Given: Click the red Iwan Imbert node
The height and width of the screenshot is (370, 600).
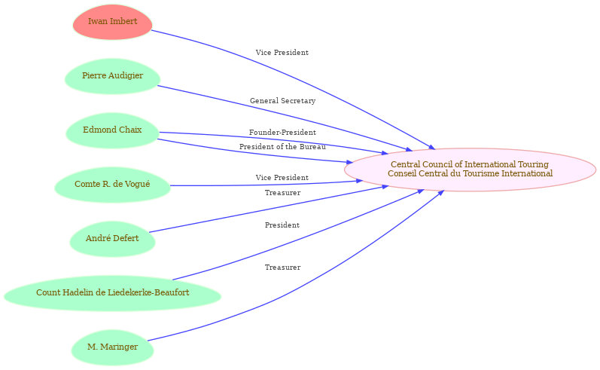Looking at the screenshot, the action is click(112, 22).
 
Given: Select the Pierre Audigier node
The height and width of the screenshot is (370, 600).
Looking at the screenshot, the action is click(112, 76).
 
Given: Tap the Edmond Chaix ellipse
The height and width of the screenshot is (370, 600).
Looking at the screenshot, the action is click(112, 130).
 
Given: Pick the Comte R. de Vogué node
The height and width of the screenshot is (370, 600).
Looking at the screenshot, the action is click(112, 185).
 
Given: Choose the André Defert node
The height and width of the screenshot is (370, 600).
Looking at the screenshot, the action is click(112, 239).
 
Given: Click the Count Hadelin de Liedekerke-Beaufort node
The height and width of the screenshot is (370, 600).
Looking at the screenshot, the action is click(112, 293).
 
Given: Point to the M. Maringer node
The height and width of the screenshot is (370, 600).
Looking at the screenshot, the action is click(112, 347).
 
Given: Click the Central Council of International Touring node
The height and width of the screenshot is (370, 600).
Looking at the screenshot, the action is click(470, 170).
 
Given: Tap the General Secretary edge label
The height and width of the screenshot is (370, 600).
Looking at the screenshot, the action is click(283, 101).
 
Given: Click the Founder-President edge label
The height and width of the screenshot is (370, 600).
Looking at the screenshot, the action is click(283, 133).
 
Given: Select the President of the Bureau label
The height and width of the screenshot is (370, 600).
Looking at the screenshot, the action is click(283, 147).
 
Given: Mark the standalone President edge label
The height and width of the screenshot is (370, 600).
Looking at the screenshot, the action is click(282, 225).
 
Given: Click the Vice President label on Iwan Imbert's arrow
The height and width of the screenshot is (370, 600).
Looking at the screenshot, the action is click(282, 53).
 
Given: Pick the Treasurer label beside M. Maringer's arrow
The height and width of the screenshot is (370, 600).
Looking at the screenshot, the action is click(283, 268).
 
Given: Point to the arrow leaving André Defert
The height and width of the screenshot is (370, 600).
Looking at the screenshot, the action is click(268, 209).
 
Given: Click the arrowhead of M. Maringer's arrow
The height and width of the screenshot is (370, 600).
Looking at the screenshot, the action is click(441, 193).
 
